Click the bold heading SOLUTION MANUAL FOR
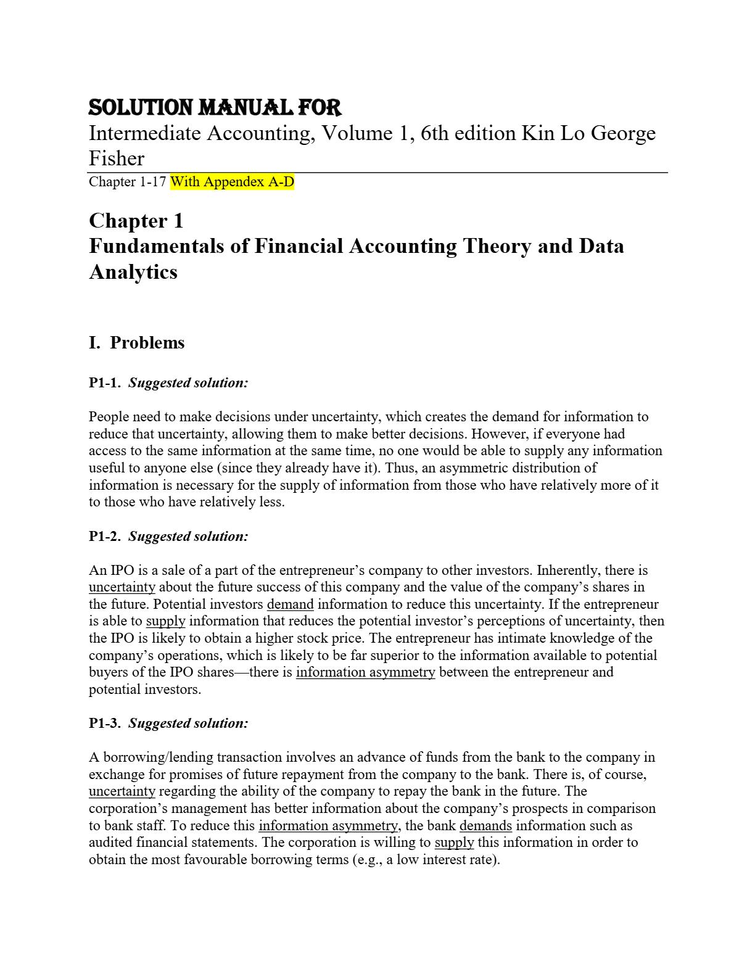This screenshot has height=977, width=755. coord(215,108)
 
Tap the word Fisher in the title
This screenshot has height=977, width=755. coord(117,159)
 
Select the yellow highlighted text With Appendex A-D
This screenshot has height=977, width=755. coord(232,182)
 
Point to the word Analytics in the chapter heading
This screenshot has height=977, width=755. coord(133,272)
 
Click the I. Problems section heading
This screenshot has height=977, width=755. coord(136,343)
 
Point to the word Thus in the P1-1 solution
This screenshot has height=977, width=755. coord(399,468)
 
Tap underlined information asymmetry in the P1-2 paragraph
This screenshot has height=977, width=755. coord(365,672)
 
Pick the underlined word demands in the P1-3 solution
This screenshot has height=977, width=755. coord(485,826)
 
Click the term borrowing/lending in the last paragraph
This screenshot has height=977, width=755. coord(158,757)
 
